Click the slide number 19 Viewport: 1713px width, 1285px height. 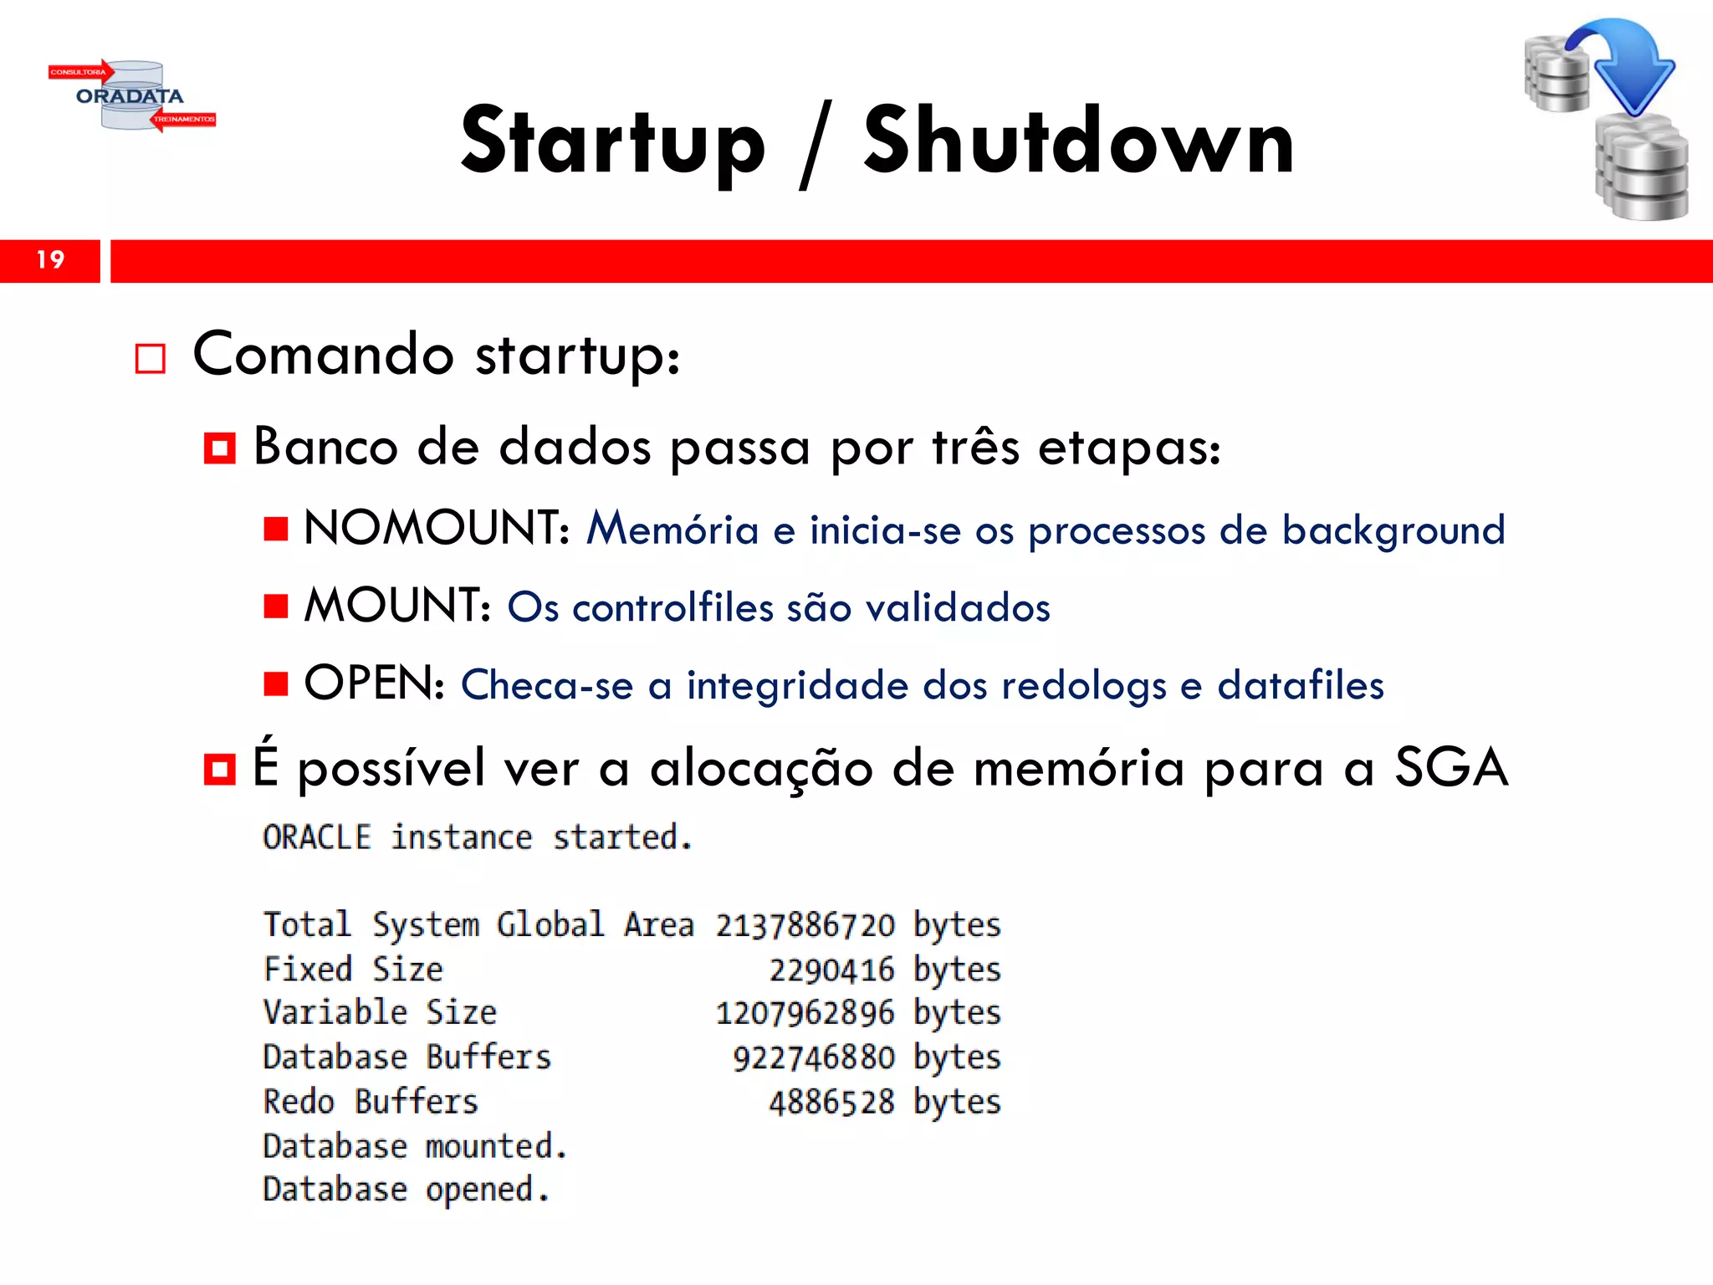click(50, 260)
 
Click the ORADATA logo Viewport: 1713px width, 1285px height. click(131, 95)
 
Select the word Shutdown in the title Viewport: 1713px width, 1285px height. click(1078, 141)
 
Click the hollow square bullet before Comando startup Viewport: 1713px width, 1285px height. click(151, 359)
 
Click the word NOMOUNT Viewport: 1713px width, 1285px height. click(436, 529)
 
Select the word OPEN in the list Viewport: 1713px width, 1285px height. click(373, 683)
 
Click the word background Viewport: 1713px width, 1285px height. click(1393, 530)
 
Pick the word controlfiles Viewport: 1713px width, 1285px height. click(672, 607)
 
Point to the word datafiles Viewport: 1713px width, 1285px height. click(1300, 685)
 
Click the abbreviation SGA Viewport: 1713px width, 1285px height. click(1450, 767)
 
